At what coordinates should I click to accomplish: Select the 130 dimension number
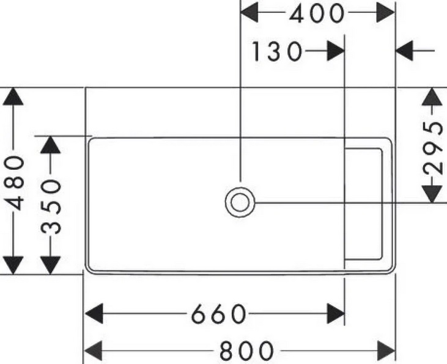pyautogui.click(x=276, y=52)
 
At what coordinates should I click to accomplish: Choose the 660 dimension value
pyautogui.click(x=218, y=315)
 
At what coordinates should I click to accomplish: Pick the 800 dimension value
pyautogui.click(x=246, y=351)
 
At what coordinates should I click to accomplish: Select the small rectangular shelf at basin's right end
pyautogui.click(x=364, y=203)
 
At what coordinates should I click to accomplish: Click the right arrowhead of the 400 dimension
pyautogui.click(x=385, y=13)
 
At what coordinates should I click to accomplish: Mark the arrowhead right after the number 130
pyautogui.click(x=334, y=51)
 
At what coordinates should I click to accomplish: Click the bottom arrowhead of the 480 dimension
pyautogui.click(x=15, y=264)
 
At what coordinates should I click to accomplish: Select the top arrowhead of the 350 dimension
pyautogui.click(x=51, y=145)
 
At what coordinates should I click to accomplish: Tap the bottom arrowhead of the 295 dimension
pyautogui.click(x=433, y=192)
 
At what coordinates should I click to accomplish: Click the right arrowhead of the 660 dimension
pyautogui.click(x=335, y=315)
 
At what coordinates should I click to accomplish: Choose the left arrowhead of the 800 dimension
pyautogui.click(x=93, y=351)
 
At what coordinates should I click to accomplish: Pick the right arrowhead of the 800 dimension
pyautogui.click(x=386, y=351)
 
